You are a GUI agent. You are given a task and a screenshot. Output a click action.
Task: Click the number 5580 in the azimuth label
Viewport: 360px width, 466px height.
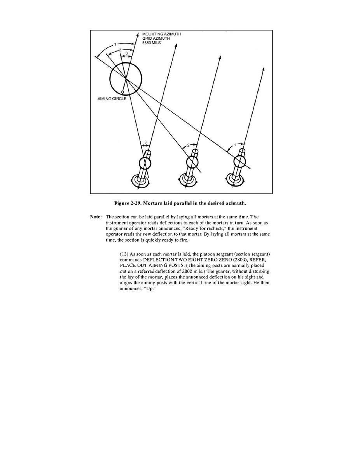(x=147, y=43)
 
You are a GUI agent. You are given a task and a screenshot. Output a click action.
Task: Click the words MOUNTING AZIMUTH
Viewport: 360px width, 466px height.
(x=162, y=34)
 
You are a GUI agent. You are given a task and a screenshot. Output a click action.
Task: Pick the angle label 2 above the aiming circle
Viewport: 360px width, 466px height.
(x=120, y=50)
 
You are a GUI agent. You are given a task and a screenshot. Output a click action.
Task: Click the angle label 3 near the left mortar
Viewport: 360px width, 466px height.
(x=145, y=142)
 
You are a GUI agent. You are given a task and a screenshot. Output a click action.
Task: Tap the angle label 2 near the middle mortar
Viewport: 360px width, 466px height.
(x=188, y=145)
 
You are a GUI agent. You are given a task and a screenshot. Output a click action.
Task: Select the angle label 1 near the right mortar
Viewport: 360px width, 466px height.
(x=235, y=145)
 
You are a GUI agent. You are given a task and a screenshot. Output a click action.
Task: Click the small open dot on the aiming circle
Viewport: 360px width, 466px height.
(x=122, y=92)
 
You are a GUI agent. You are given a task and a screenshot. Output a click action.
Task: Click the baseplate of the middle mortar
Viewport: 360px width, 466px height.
(x=187, y=180)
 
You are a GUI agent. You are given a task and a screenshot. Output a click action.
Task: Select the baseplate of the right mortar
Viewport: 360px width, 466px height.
(x=234, y=179)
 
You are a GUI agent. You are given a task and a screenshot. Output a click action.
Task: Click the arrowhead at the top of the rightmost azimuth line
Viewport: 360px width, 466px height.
(x=264, y=69)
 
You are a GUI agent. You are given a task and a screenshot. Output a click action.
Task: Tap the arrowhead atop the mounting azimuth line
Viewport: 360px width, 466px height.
(x=138, y=34)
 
